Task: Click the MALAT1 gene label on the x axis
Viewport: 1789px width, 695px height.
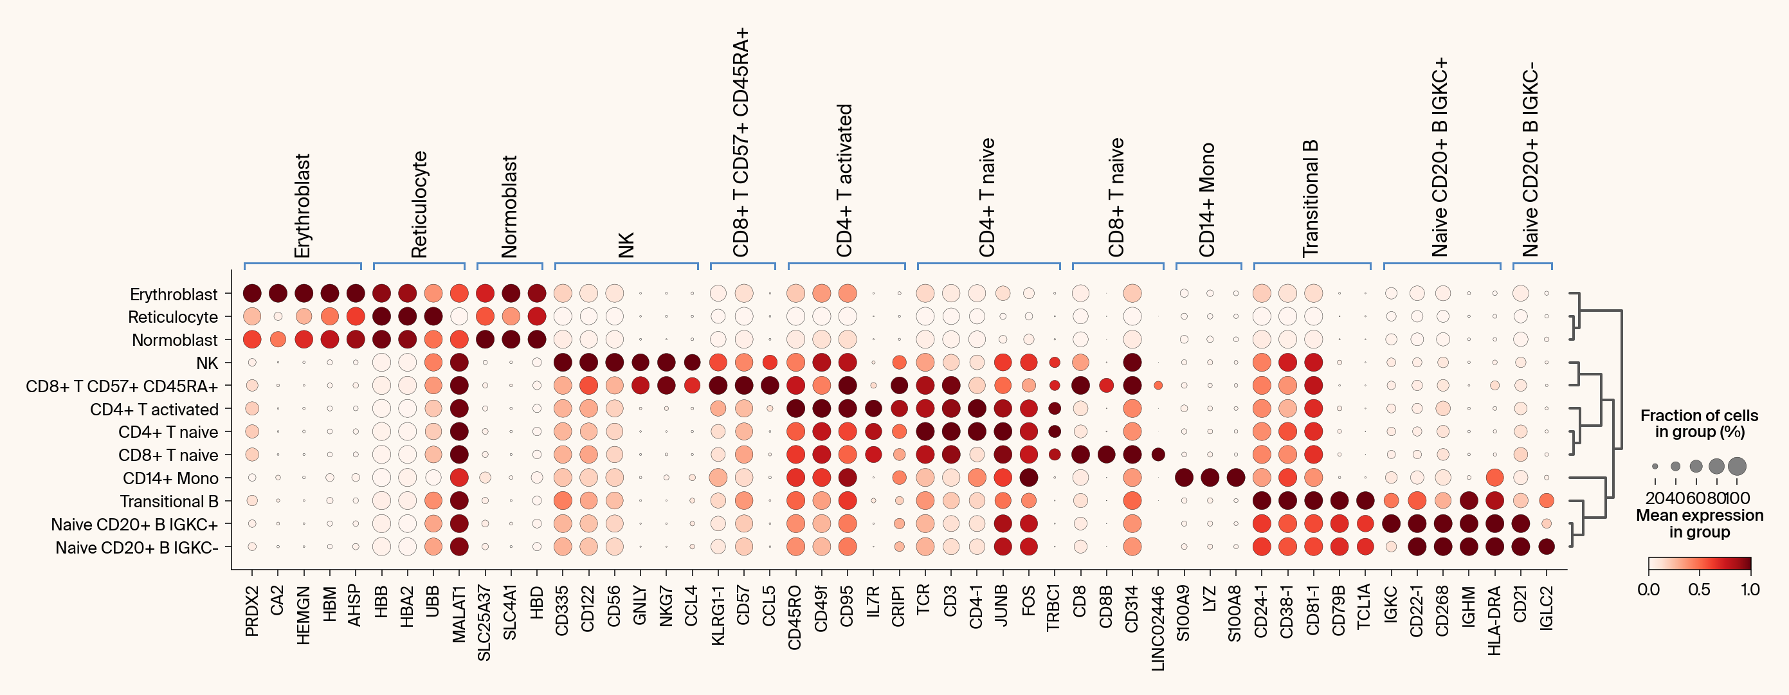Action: pyautogui.click(x=459, y=614)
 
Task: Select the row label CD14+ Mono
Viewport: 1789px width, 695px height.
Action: pyautogui.click(x=170, y=478)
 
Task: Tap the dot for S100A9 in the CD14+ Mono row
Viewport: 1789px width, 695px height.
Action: pyautogui.click(x=1184, y=478)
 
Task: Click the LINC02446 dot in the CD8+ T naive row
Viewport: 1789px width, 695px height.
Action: pyautogui.click(x=1158, y=455)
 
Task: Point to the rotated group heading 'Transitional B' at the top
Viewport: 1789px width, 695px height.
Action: pyautogui.click(x=1310, y=198)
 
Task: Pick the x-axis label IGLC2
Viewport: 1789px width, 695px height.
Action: pyautogui.click(x=1546, y=608)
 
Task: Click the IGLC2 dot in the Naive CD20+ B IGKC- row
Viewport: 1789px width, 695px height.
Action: pyautogui.click(x=1546, y=547)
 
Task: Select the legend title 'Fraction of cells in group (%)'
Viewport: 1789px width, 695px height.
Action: pyautogui.click(x=1699, y=424)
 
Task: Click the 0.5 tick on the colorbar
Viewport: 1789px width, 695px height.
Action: pyautogui.click(x=1699, y=590)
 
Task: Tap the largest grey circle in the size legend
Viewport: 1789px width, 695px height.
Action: pyautogui.click(x=1737, y=467)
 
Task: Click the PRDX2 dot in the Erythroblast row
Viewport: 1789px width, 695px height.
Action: pyautogui.click(x=252, y=293)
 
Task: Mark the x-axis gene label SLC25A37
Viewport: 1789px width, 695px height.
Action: pyautogui.click(x=485, y=623)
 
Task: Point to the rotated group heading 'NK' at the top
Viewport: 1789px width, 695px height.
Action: pyautogui.click(x=626, y=245)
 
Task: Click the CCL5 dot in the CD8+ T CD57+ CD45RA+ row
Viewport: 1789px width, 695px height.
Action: pyautogui.click(x=770, y=385)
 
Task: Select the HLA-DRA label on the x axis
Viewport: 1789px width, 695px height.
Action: pyautogui.click(x=1494, y=620)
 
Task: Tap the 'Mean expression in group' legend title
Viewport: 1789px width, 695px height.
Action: pyautogui.click(x=1699, y=524)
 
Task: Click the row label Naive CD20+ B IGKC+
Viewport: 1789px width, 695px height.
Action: pyautogui.click(x=134, y=525)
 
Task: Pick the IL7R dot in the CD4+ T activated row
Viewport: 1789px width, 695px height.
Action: pyautogui.click(x=873, y=408)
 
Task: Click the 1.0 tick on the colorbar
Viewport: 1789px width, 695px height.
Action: pyautogui.click(x=1749, y=590)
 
